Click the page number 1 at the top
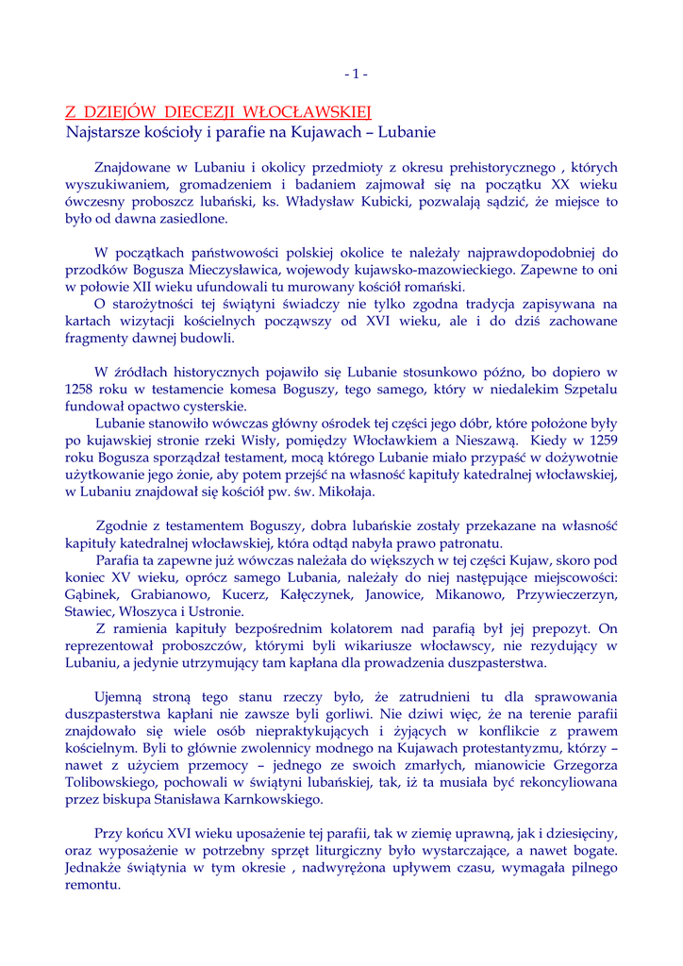(356, 74)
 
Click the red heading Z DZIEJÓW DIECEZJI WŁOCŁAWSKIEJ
(219, 112)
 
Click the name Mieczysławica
(241, 269)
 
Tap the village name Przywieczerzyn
(563, 594)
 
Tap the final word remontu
(93, 886)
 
